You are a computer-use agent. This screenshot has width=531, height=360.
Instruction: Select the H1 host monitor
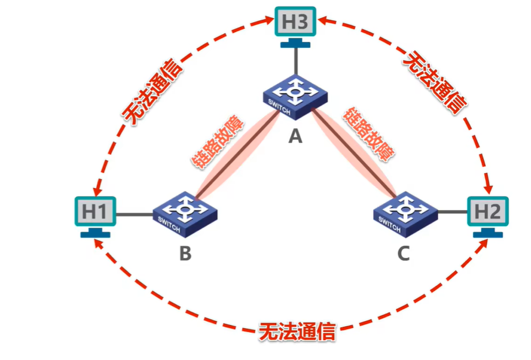[95, 211]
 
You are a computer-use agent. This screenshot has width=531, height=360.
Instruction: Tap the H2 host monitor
[488, 211]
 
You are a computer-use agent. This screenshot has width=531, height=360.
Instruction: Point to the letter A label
[296, 135]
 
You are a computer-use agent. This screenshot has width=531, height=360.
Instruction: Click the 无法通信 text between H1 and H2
[297, 332]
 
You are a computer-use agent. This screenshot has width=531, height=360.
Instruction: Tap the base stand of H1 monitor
[95, 234]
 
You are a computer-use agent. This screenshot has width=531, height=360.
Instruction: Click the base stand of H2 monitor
[488, 234]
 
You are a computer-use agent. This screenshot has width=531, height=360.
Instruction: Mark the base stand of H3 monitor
[295, 44]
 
